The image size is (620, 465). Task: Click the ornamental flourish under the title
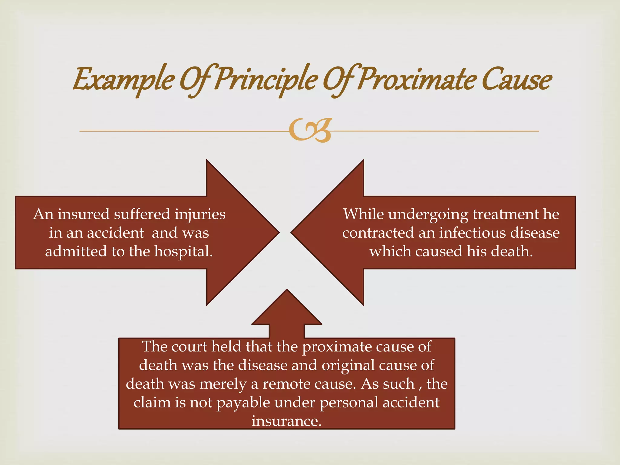pos(310,130)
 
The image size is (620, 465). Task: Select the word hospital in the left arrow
pos(183,252)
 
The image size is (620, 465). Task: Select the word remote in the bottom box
pos(286,384)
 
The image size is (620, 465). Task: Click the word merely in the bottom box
pos(223,384)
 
